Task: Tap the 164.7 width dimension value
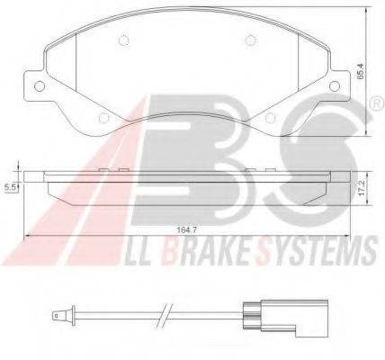(x=184, y=230)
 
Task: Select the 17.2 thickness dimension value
(x=363, y=188)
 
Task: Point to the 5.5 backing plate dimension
(x=9, y=188)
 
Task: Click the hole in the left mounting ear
(x=40, y=86)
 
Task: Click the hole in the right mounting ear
(x=335, y=86)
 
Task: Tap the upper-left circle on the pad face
(x=122, y=40)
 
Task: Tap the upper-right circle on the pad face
(x=251, y=40)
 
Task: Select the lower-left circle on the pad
(x=103, y=118)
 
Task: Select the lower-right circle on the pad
(x=270, y=118)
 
